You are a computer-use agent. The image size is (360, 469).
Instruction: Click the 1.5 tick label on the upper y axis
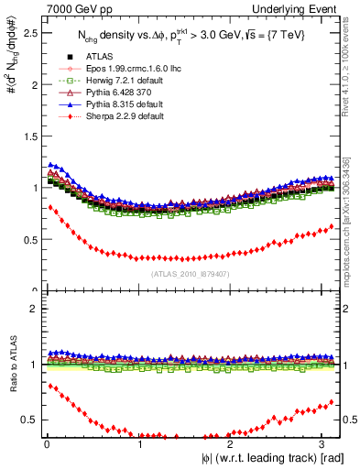click(x=29, y=136)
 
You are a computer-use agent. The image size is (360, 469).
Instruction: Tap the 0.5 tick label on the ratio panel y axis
click(x=29, y=420)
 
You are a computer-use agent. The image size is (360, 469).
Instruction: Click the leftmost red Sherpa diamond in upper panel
click(x=50, y=208)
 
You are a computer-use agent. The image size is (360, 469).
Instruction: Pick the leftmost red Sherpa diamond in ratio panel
click(x=50, y=386)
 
